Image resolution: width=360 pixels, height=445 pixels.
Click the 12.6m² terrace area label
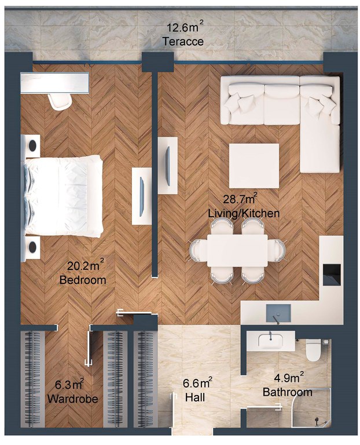(185, 27)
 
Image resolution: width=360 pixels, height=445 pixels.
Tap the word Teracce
(183, 42)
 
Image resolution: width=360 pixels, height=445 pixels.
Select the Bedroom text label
(83, 280)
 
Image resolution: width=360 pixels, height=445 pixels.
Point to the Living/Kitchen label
(244, 213)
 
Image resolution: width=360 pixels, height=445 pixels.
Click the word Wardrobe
(72, 399)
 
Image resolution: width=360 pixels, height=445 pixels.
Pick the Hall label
(195, 397)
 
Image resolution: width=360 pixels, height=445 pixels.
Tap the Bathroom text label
(288, 392)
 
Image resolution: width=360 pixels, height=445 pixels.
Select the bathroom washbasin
(271, 341)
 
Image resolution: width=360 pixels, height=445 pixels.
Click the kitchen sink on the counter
(278, 313)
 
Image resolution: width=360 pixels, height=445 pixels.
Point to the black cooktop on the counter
(332, 274)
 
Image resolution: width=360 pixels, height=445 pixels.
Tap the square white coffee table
(254, 166)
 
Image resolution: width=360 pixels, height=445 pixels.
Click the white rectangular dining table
(237, 250)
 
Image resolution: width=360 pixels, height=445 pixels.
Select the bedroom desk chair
(60, 101)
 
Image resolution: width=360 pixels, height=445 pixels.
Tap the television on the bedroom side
(142, 196)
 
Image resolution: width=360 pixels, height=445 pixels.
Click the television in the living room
(168, 166)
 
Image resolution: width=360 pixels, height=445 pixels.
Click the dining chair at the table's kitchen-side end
(277, 250)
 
